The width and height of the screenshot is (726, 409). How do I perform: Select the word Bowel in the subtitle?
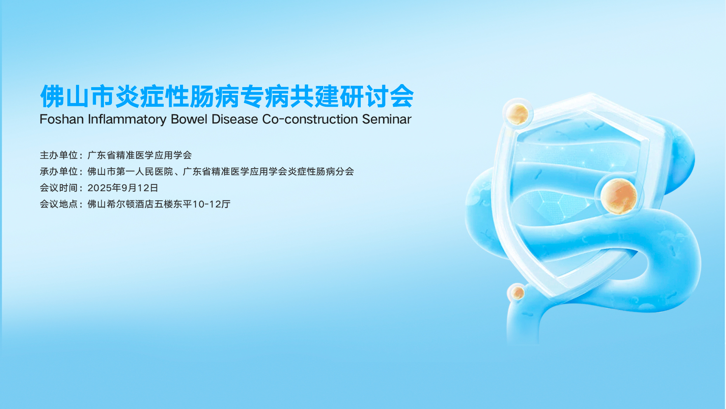[189, 119]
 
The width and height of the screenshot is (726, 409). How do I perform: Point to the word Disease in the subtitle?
[234, 119]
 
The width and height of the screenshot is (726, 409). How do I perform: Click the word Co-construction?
[310, 119]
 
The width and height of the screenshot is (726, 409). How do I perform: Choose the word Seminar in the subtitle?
[386, 119]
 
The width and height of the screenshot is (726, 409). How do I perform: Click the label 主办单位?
[59, 155]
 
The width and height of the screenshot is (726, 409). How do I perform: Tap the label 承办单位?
[59, 172]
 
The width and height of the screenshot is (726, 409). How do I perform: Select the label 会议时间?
[59, 188]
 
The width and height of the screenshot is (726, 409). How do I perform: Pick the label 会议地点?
[59, 204]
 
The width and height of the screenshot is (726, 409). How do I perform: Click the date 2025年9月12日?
[123, 188]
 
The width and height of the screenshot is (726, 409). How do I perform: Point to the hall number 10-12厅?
[211, 204]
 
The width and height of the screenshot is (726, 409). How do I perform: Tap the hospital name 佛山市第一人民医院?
[130, 172]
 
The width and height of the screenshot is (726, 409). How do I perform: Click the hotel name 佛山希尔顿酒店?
[121, 204]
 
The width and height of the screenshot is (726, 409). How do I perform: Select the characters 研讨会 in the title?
[377, 96]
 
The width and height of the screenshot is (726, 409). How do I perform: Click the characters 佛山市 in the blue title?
[77, 96]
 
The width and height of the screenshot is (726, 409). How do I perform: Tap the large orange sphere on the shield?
[619, 196]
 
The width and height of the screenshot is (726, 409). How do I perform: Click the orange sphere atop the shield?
[517, 114]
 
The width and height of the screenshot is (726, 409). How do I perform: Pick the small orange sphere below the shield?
[518, 292]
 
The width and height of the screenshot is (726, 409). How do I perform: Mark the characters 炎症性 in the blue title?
[152, 96]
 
